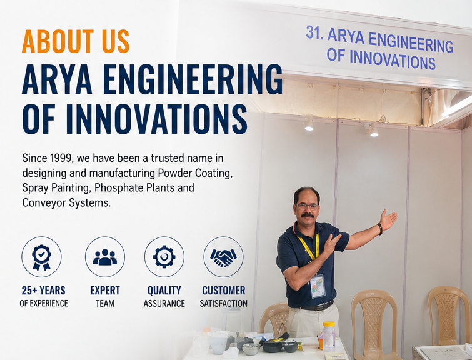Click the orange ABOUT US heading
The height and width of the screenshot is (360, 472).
[x=76, y=41]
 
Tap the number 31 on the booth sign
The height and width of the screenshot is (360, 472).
[x=313, y=32]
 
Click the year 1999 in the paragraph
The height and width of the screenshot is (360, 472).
[x=61, y=158]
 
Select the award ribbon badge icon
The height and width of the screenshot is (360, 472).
[x=41, y=257]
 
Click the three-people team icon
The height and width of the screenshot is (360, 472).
[x=105, y=257]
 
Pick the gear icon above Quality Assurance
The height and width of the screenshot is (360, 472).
[x=164, y=257]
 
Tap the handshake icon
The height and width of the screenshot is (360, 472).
[x=223, y=257]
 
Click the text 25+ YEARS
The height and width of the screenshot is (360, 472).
[x=43, y=291]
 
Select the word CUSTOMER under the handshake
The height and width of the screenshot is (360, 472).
[x=224, y=291]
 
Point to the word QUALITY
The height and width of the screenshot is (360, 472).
[x=164, y=291]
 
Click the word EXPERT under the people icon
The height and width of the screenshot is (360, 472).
[x=105, y=291]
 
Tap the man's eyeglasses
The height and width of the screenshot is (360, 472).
[x=308, y=206]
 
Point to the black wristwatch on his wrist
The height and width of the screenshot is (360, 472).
[x=380, y=229]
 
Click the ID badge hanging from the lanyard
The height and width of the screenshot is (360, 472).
[x=318, y=286]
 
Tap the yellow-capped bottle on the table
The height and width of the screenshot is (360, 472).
[x=329, y=336]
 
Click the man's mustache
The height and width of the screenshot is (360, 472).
[x=308, y=216]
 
